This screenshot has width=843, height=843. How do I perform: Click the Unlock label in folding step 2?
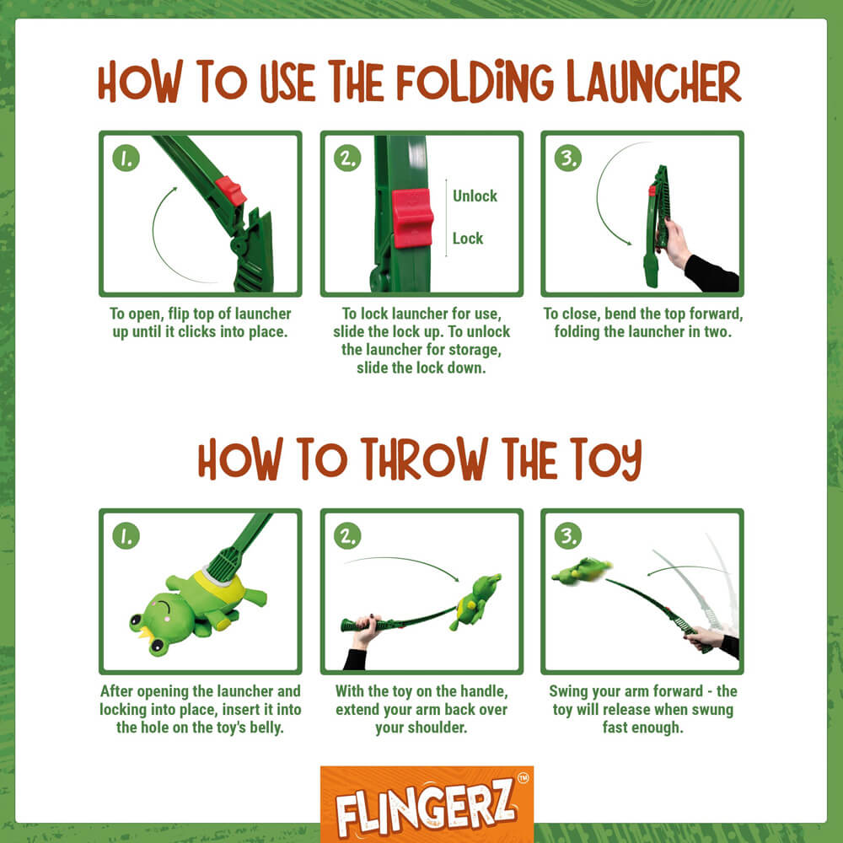pyautogui.click(x=475, y=196)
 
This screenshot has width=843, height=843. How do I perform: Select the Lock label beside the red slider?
pyautogui.click(x=468, y=239)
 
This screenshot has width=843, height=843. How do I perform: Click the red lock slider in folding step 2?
pyautogui.click(x=413, y=217)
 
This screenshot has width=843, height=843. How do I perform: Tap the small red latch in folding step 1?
pyautogui.click(x=230, y=191)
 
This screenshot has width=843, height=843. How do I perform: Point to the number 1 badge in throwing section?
pyautogui.click(x=126, y=535)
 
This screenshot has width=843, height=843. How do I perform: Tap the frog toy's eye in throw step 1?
pyautogui.click(x=137, y=625)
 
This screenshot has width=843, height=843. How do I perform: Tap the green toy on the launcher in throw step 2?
pyautogui.click(x=475, y=600)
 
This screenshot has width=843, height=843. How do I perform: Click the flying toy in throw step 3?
pyautogui.click(x=582, y=572)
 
